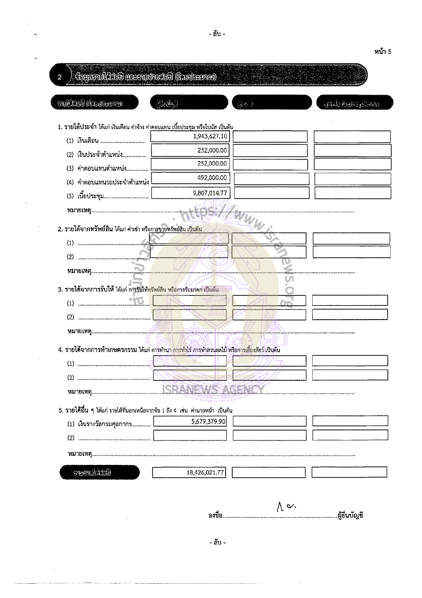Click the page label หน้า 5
(x=382, y=51)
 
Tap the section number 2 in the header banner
(x=60, y=78)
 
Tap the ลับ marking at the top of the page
(x=217, y=34)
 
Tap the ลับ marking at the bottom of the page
(x=217, y=543)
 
